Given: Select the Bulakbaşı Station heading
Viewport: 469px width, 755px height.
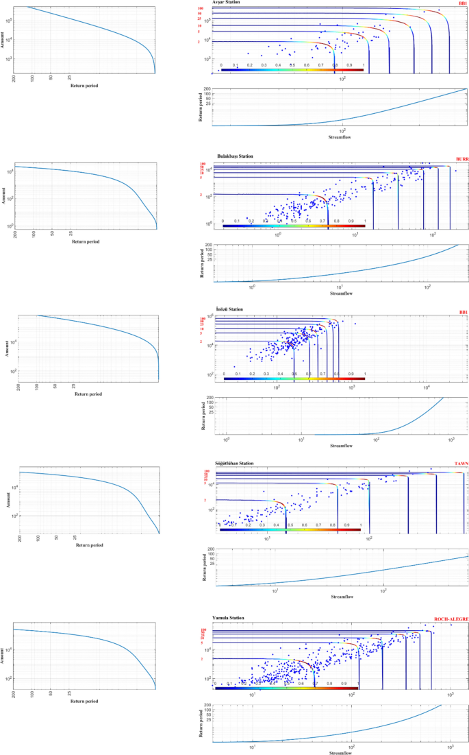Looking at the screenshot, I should (x=235, y=156).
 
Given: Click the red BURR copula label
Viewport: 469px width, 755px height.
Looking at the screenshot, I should (x=461, y=160).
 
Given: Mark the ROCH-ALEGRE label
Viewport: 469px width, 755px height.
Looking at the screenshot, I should (x=451, y=620).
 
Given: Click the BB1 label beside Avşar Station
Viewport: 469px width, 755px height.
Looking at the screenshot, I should (x=463, y=4).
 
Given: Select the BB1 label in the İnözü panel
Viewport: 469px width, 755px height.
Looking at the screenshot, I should (x=463, y=313).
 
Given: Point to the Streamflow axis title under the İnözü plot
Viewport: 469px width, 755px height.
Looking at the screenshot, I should (x=341, y=446).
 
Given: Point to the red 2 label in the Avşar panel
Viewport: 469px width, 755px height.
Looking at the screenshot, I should (x=199, y=42).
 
